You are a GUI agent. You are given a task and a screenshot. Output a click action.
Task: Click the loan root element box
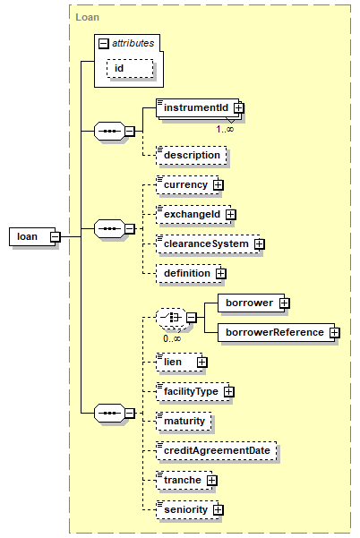[x=32, y=236]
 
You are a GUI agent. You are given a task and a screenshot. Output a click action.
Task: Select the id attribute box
[x=130, y=68]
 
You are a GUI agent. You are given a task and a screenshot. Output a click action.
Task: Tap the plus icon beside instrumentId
[x=239, y=107]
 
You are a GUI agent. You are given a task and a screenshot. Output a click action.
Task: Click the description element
[x=192, y=156]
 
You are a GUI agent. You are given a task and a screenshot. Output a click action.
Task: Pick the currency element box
[x=187, y=185]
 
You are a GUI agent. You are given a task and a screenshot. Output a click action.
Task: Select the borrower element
[x=252, y=303]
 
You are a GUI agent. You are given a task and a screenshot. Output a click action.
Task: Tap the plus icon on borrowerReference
[x=335, y=332]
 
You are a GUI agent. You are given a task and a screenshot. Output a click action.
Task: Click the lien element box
[x=179, y=362]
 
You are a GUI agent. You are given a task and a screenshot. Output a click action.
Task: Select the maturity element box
[x=184, y=421]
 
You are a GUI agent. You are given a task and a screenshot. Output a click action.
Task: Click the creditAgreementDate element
[x=217, y=450]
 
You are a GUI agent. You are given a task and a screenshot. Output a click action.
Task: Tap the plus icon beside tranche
[x=211, y=481]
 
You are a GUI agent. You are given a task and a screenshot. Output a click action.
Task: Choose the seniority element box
[x=187, y=509]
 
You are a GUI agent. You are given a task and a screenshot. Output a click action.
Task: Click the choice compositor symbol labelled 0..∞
[x=171, y=318]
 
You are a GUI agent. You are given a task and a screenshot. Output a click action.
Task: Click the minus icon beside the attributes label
[x=104, y=44]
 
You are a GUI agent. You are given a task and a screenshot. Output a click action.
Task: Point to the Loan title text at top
[x=87, y=17]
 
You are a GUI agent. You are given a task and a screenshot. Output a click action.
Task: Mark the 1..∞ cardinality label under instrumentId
[x=225, y=130]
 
